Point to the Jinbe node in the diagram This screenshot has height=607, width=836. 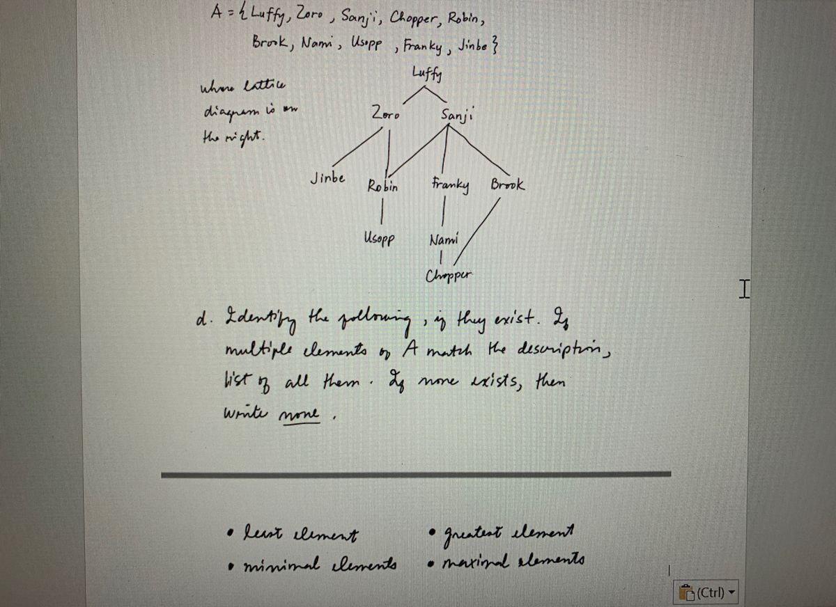327,178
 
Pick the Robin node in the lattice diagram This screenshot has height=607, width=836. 382,186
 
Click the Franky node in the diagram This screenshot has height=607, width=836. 450,186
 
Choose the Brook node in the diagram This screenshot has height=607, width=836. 508,186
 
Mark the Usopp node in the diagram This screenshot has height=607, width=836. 380,239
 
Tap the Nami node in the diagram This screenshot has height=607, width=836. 444,240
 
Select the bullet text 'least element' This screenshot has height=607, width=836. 299,535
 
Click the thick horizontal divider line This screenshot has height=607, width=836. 416,474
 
